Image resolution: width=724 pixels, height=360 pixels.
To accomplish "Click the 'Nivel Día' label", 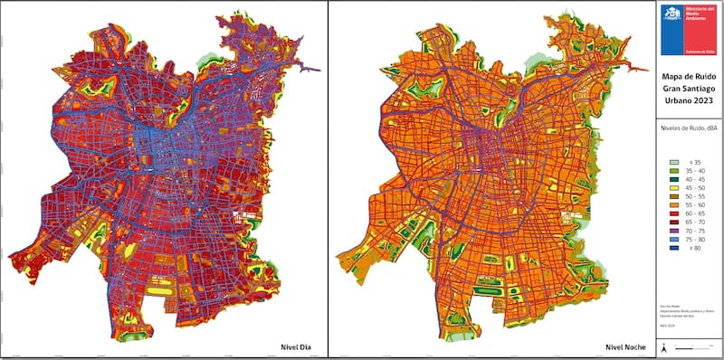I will [x=296, y=346].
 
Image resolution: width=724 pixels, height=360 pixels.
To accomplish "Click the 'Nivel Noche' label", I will [x=624, y=346].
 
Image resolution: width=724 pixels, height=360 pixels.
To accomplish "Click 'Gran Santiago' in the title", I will [x=690, y=90].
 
